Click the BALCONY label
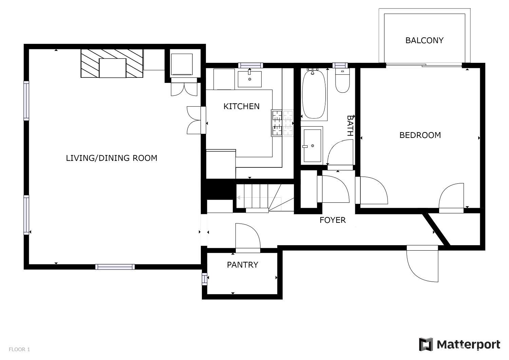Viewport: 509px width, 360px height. (424, 40)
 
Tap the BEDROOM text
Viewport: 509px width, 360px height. (420, 135)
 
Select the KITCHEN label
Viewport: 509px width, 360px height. (241, 106)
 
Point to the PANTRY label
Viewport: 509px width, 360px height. (242, 265)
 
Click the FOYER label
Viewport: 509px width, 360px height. (333, 220)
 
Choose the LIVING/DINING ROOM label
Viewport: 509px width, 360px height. (111, 158)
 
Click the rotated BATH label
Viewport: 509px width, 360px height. (350, 125)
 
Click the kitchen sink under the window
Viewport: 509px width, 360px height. (250, 79)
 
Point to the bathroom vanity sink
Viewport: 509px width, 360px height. (312, 145)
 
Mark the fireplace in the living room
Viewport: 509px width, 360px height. (112, 64)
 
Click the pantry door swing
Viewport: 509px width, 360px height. (248, 237)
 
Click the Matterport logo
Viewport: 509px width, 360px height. (459, 344)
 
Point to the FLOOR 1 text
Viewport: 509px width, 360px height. (19, 349)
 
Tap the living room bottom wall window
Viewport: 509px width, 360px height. (115, 267)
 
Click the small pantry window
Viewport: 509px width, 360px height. (204, 278)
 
